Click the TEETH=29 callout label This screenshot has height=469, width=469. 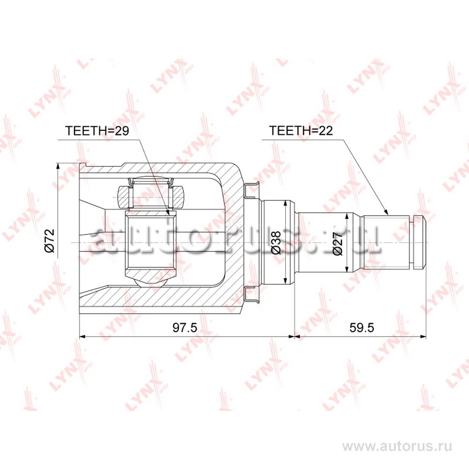[x=97, y=131]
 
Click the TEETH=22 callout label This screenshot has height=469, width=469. [x=301, y=130]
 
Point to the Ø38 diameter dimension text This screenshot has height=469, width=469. [x=275, y=242]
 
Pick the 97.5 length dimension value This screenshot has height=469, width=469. [x=185, y=328]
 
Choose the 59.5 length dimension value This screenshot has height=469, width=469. [x=362, y=328]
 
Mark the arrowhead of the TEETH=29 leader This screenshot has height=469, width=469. [x=168, y=212]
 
